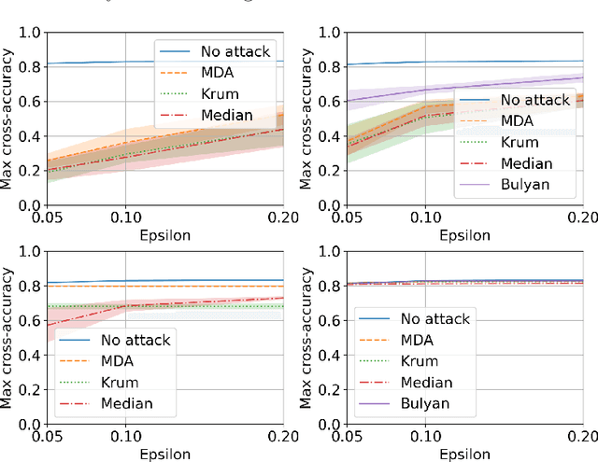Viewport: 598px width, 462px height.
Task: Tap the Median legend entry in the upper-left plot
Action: [x=227, y=115]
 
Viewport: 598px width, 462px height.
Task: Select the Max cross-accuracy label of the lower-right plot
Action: [x=307, y=337]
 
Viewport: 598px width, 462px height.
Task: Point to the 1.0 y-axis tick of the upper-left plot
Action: [x=30, y=33]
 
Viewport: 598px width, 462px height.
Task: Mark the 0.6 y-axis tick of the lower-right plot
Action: [x=330, y=320]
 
